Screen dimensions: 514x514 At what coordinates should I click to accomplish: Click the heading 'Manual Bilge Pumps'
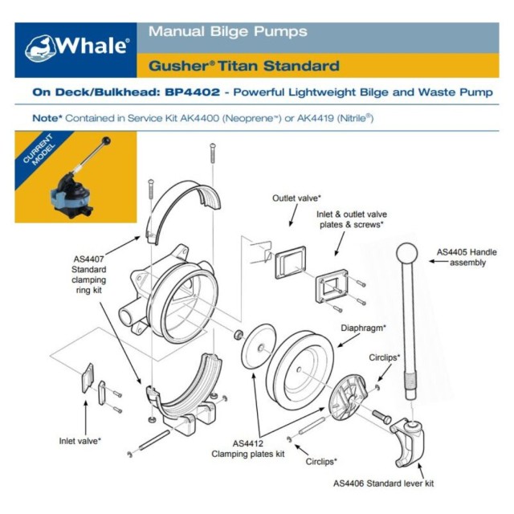(227, 32)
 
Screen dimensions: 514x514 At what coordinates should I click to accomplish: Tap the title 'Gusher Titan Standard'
(243, 65)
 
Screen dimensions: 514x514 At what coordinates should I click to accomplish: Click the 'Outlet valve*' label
(296, 197)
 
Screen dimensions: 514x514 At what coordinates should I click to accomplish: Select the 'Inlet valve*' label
(80, 440)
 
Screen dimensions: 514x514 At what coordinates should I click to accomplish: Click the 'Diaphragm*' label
(363, 328)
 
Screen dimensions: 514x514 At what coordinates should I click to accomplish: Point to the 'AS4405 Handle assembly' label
(467, 257)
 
